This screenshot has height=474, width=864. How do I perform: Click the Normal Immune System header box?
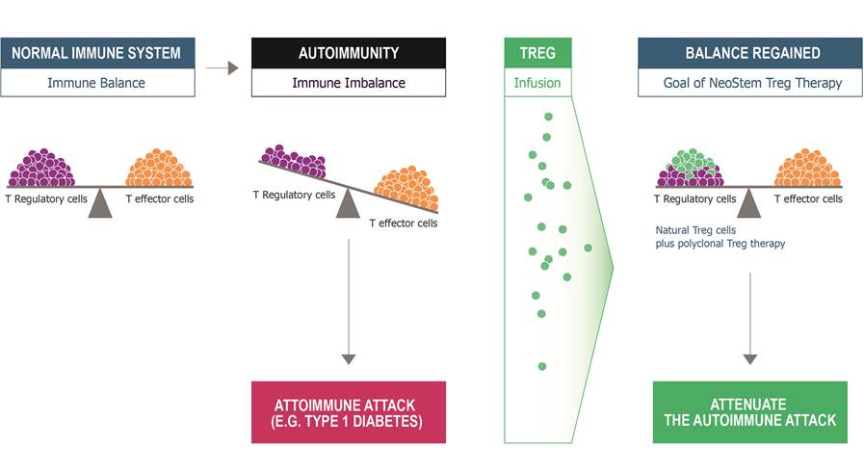96,53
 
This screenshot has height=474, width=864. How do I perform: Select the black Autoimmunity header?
349,53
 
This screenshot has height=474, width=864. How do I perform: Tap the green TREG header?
537,53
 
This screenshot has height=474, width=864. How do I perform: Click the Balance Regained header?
752,53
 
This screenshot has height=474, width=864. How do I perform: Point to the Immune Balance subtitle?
96,83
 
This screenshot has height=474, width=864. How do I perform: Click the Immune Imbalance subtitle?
349,83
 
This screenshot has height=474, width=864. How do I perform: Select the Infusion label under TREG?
537,83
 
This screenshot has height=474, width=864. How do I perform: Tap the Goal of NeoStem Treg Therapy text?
752,83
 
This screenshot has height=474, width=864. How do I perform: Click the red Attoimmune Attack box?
349,412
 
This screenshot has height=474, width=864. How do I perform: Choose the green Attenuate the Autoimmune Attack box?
749,412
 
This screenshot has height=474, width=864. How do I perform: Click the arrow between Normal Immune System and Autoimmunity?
223,68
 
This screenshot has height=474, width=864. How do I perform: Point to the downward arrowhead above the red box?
349,358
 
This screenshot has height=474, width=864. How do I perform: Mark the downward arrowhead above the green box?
749,358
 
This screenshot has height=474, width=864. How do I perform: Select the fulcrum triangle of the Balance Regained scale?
748,202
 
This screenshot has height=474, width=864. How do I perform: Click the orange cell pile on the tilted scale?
406,187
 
